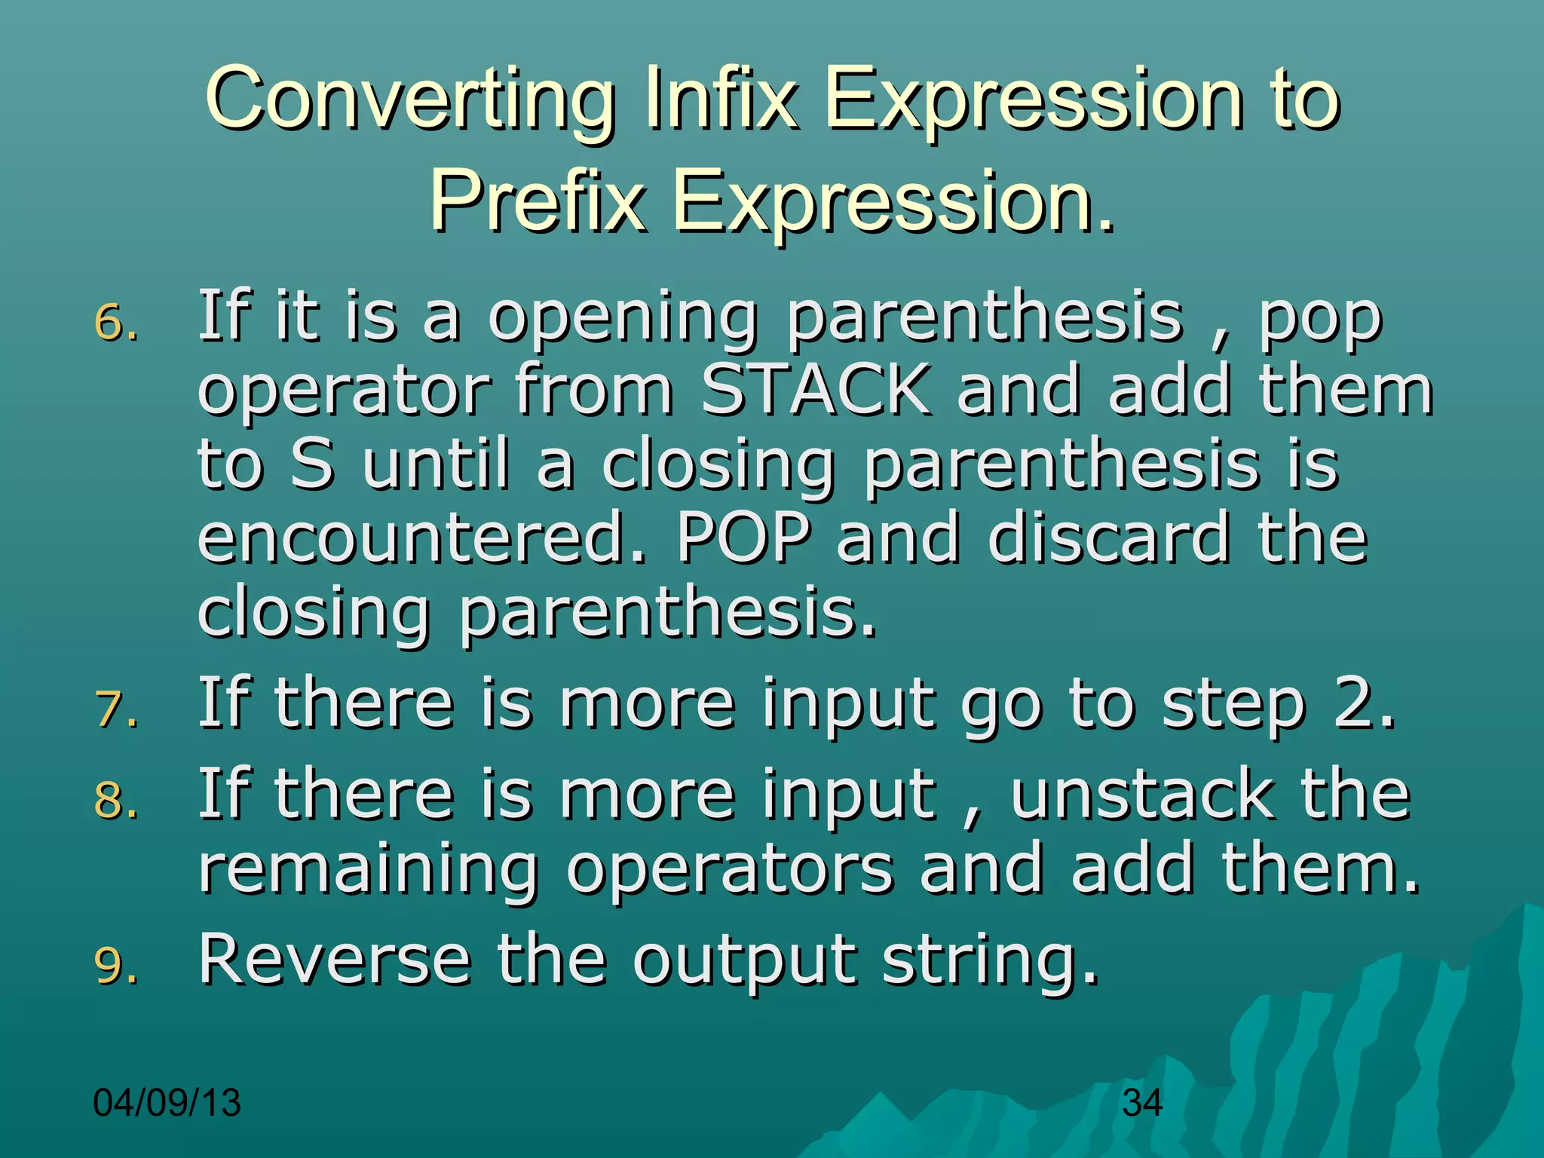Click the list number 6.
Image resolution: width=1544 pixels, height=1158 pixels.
[115, 324]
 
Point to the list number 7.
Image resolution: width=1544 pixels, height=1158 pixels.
[115, 711]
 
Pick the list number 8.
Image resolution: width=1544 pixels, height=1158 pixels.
[115, 801]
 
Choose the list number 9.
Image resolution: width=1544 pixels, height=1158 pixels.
[115, 966]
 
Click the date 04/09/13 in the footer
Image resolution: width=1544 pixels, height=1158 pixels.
[167, 1103]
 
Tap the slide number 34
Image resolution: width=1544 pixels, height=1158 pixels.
[1142, 1103]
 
